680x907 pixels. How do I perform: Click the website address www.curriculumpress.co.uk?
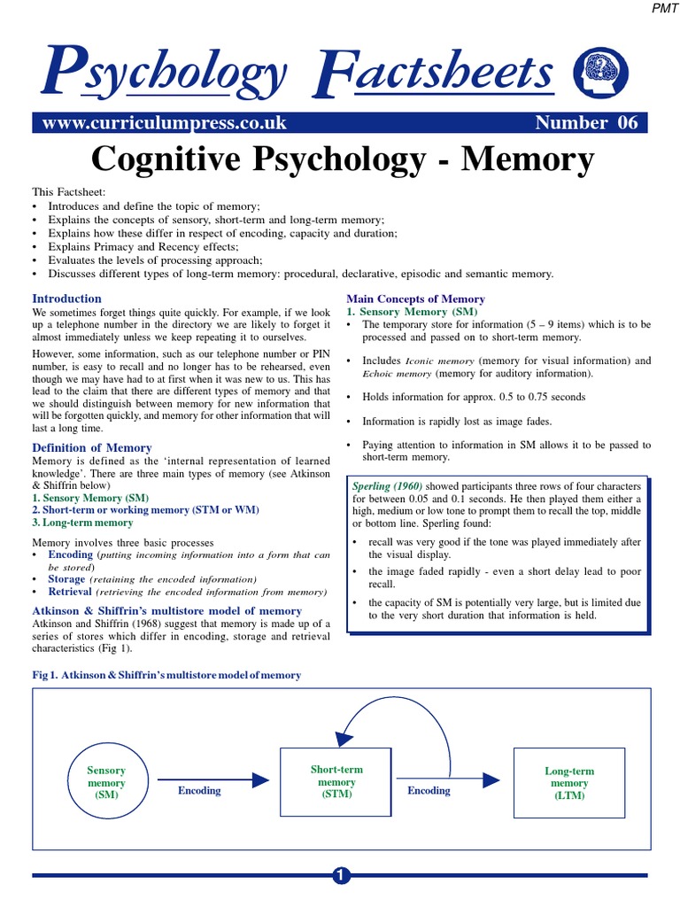click(158, 123)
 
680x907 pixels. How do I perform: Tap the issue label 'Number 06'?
click(585, 123)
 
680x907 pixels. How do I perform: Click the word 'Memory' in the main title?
click(528, 159)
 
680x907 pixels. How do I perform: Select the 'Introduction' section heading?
click(66, 298)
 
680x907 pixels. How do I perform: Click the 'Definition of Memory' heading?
click(92, 448)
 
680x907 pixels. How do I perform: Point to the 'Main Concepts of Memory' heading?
click(415, 299)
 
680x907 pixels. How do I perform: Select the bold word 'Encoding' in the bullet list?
click(70, 554)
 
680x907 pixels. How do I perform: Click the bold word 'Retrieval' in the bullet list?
click(70, 591)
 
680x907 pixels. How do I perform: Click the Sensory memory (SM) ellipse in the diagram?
click(106, 783)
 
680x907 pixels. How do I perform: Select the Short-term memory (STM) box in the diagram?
click(337, 782)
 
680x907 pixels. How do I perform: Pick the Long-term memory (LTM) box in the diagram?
click(569, 783)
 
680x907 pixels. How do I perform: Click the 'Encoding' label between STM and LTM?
click(429, 791)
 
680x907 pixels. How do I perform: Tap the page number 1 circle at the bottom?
click(341, 876)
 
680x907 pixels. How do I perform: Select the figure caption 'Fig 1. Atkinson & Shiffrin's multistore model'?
click(166, 675)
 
